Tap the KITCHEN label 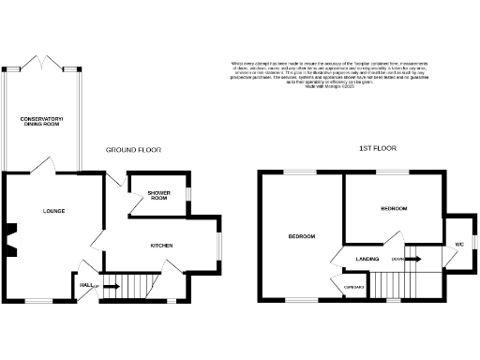tap(162, 246)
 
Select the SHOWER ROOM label tap(157, 196)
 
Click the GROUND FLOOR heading tap(131, 150)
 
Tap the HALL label tap(85, 285)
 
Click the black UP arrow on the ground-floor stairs tap(110, 285)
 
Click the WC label tap(459, 245)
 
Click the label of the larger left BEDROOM tap(301, 236)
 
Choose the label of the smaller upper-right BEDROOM tap(393, 208)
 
